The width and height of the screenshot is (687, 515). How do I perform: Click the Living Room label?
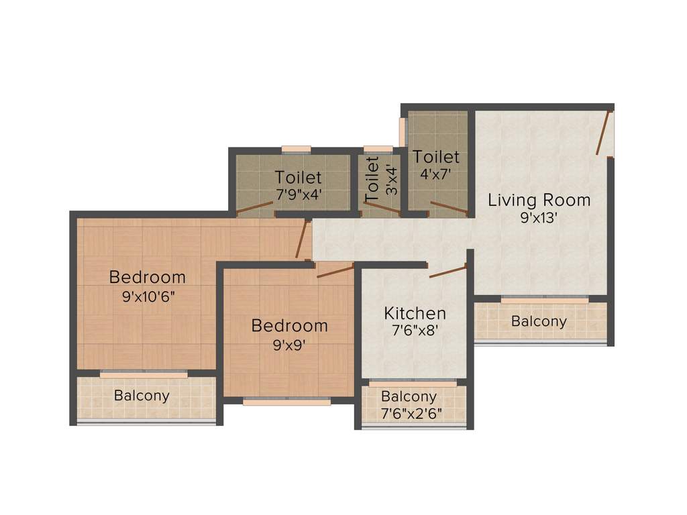(x=539, y=200)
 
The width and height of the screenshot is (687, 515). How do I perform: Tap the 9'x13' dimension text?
(x=539, y=218)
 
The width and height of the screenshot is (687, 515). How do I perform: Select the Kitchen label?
(x=415, y=313)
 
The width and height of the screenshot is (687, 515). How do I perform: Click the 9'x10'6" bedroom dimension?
(x=147, y=296)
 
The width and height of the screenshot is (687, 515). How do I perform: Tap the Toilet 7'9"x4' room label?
(x=298, y=178)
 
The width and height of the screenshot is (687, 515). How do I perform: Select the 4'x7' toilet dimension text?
(x=436, y=174)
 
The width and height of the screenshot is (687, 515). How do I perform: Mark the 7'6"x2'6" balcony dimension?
(x=411, y=413)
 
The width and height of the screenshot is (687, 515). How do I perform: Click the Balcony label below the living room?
(x=539, y=321)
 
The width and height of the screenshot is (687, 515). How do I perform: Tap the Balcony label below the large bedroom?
(x=142, y=395)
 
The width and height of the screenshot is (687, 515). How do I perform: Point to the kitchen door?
(x=448, y=271)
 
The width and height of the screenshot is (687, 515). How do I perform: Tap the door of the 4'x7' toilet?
(x=449, y=209)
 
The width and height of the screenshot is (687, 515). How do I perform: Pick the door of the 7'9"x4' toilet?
(x=255, y=209)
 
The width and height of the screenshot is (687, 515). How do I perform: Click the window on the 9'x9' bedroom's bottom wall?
(x=287, y=402)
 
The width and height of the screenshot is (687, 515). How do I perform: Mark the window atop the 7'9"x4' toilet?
(x=296, y=149)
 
